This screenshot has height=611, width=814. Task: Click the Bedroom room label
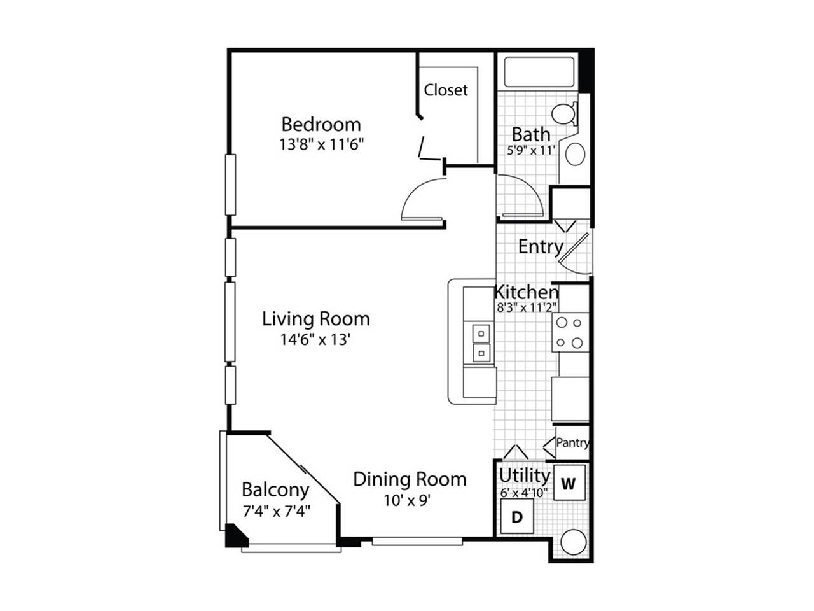coord(321,124)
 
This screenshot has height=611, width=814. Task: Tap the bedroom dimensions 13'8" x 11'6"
coord(321,144)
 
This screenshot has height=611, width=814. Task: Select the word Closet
coord(446,90)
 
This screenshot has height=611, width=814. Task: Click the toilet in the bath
coord(565,113)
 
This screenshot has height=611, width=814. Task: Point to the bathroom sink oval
coord(575,154)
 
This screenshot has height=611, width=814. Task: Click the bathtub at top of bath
coord(539,73)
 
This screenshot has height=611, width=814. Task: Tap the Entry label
coord(541,247)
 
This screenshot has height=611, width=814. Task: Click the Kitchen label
coord(527,293)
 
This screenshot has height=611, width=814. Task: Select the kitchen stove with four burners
coord(570,332)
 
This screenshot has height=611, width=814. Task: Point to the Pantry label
coord(572,442)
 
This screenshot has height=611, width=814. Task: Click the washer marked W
coord(569,483)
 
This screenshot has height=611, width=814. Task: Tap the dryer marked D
coord(517,516)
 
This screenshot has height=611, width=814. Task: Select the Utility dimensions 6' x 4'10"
coord(524,493)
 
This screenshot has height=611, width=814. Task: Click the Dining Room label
coord(410,479)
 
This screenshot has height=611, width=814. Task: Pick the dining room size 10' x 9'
coord(407,500)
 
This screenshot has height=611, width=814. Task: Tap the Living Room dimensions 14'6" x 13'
coord(315,339)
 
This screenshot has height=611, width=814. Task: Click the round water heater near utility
coord(574,542)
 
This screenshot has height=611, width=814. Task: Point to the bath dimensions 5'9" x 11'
coord(531,151)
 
